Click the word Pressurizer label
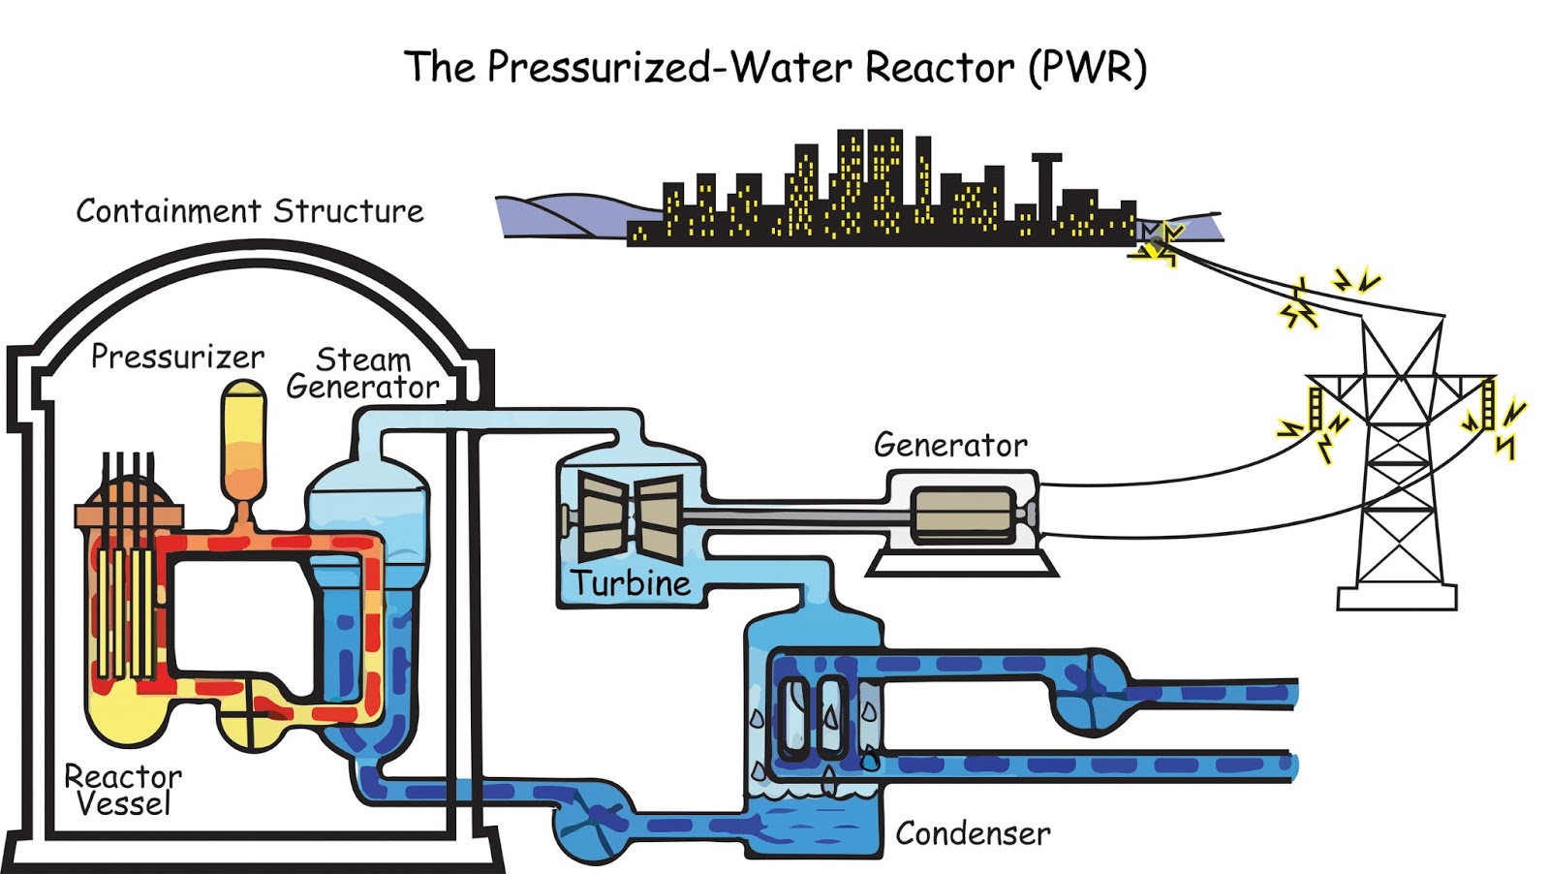177,357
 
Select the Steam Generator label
362,373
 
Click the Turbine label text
631,583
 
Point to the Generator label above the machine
949,445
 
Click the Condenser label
972,833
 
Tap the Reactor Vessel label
122,790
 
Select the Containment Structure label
250,211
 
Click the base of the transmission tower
1396,597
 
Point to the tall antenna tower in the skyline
1046,184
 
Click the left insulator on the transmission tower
1315,407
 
